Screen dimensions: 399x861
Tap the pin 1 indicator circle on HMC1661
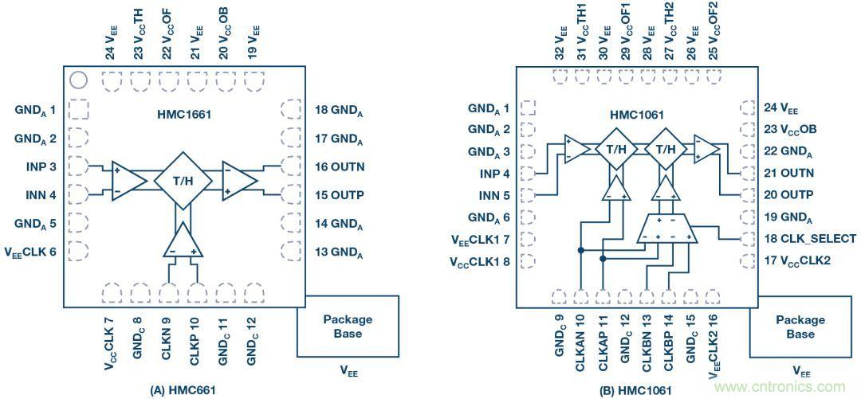click(x=78, y=80)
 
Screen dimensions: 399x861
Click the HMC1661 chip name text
click(x=183, y=114)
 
